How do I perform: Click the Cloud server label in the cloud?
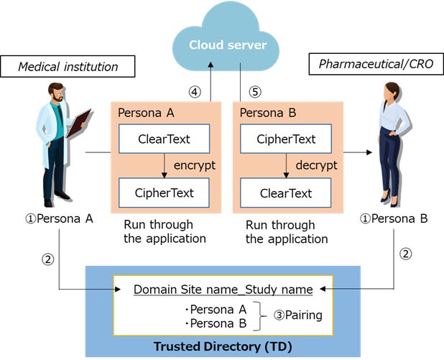(227, 45)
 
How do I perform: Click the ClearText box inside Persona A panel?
(163, 139)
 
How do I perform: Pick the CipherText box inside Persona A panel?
(164, 193)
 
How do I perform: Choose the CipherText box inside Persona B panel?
(285, 139)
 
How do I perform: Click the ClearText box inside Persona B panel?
(285, 193)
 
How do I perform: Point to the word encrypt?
(195, 165)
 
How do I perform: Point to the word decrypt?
(317, 165)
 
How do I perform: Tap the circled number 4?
(193, 92)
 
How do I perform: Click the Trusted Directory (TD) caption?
(222, 347)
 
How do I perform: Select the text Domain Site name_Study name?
(223, 290)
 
